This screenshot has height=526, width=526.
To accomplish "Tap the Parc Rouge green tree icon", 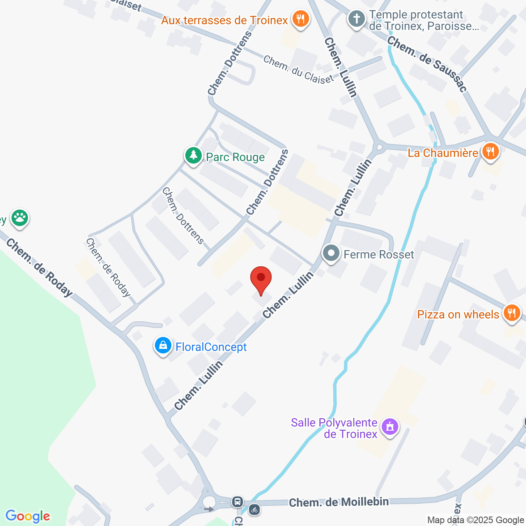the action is pyautogui.click(x=193, y=156).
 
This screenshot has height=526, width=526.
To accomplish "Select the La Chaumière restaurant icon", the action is pyautogui.click(x=490, y=151).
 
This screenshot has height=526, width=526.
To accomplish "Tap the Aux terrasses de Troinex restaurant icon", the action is pyautogui.click(x=301, y=19).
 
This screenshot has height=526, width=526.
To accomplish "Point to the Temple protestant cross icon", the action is pyautogui.click(x=357, y=19).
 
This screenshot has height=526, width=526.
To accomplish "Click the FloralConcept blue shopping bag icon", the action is pyautogui.click(x=163, y=346).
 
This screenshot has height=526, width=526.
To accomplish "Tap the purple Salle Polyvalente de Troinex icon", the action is pyautogui.click(x=390, y=427).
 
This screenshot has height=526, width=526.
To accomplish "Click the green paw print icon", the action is pyautogui.click(x=19, y=218).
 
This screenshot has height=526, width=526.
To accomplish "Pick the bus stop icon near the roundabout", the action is pyautogui.click(x=237, y=501).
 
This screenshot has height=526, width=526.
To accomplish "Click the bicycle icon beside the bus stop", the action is pyautogui.click(x=254, y=510).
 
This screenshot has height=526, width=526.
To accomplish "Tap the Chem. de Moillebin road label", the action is pyautogui.click(x=339, y=502).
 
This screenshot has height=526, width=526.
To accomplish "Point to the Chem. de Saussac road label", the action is pyautogui.click(x=427, y=64).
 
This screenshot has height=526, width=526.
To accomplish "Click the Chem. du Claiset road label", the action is pyautogui.click(x=298, y=70).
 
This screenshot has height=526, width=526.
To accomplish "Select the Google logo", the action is pyautogui.click(x=28, y=516).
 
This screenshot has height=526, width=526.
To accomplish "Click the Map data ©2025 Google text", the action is pyautogui.click(x=475, y=520).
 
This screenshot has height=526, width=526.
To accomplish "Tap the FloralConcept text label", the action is pyautogui.click(x=211, y=347).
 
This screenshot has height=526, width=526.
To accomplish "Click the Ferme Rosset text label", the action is pyautogui.click(x=379, y=255).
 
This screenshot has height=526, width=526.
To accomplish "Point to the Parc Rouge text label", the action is pyautogui.click(x=235, y=157).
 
